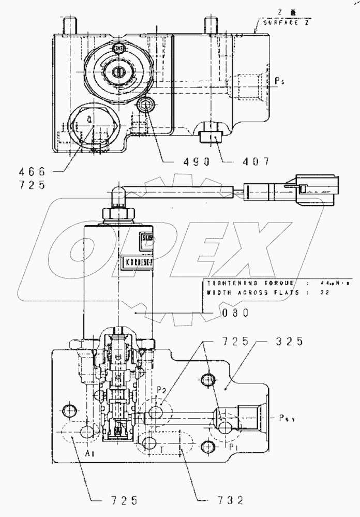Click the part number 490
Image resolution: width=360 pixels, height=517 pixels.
196,161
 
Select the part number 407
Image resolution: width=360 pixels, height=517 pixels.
254,161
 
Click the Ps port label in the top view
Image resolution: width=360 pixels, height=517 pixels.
279,81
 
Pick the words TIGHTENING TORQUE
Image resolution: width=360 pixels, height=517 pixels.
250,283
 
